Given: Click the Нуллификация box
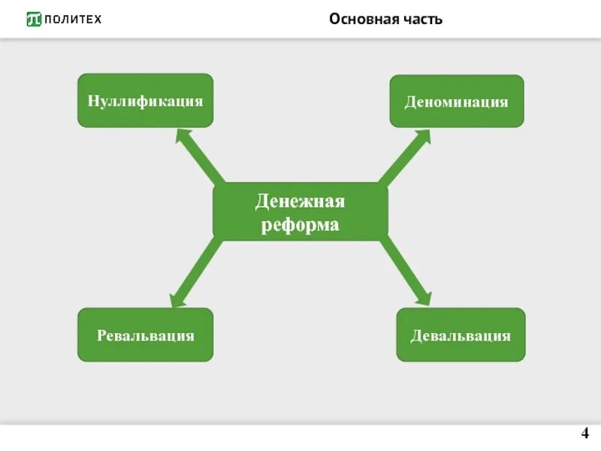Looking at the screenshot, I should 145,100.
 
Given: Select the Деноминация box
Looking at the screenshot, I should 456,101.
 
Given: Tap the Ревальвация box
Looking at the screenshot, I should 145,334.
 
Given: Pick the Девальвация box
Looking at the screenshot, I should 461,334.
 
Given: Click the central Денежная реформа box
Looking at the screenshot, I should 300,211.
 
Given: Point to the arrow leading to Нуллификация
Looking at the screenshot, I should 201,157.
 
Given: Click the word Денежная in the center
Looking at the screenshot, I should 300,201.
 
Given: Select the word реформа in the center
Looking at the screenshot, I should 300,224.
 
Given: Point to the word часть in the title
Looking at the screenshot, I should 421,19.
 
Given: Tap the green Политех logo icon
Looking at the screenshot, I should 34,19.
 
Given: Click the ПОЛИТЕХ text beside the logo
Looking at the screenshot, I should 73,19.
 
